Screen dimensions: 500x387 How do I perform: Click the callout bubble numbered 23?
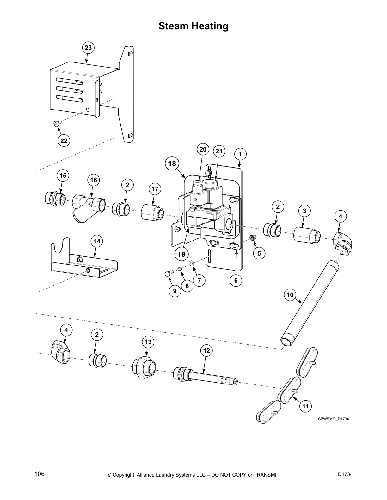pos(88,48)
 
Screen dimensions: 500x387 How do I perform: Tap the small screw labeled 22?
pos(57,123)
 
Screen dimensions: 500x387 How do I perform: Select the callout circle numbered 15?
pos(63,175)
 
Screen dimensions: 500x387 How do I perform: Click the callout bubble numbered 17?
pos(155,189)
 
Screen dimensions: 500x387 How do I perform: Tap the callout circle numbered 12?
pos(206,351)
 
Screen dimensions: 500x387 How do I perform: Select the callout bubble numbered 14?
pos(97,241)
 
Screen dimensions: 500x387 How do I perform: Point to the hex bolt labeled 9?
pos(168,274)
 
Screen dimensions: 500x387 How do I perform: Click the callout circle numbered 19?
pos(181,253)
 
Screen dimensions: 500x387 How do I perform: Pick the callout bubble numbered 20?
pos(203,149)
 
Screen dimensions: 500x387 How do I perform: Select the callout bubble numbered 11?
pos(305,406)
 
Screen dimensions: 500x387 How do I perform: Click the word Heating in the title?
pos(209,26)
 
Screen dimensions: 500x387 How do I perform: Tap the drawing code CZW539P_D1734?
pos(333,419)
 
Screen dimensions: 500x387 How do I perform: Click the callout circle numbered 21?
pos(219,151)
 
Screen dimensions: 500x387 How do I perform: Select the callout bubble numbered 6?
pos(236,280)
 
